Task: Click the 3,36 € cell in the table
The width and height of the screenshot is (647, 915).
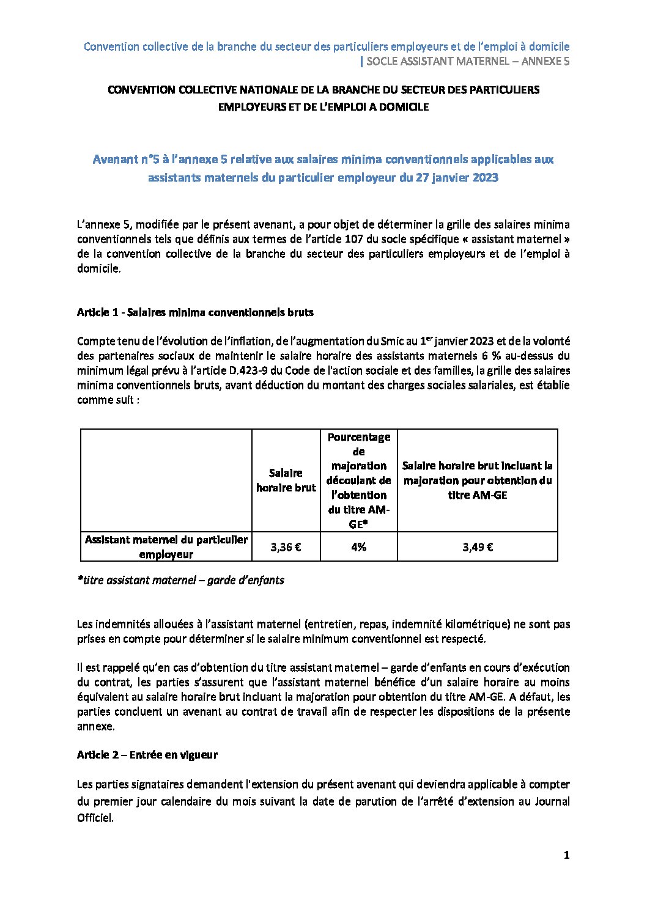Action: (286, 547)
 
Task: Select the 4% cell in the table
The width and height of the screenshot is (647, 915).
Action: (358, 547)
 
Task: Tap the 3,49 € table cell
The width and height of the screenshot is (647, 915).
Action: (477, 547)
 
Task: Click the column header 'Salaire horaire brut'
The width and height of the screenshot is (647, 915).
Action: (286, 480)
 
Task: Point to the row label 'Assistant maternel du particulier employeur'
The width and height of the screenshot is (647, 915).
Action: (166, 547)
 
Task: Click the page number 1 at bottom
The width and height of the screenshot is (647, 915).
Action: (566, 856)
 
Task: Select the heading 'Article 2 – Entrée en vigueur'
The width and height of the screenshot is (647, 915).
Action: (147, 755)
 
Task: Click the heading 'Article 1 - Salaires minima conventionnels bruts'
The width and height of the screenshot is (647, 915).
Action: (195, 312)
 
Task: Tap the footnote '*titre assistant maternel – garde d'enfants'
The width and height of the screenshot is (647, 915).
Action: (180, 580)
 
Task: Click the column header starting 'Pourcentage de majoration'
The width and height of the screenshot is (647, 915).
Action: (358, 480)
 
